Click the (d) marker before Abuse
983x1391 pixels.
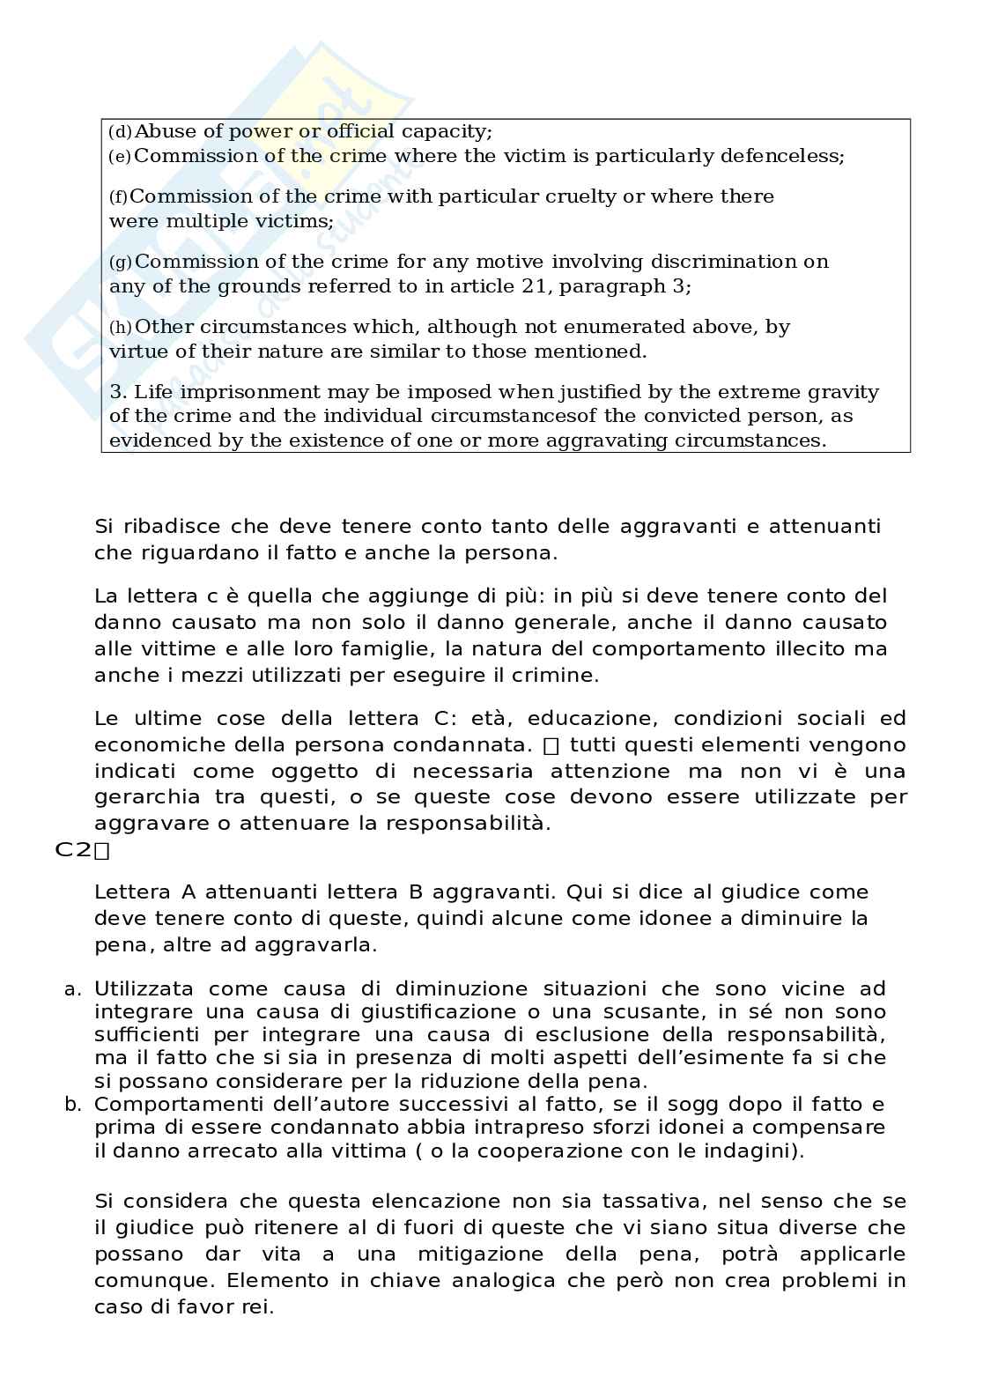click(x=120, y=132)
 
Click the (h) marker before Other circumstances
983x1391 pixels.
click(x=121, y=328)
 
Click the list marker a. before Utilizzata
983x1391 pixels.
click(x=73, y=989)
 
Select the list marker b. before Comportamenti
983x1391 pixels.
click(x=73, y=1105)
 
